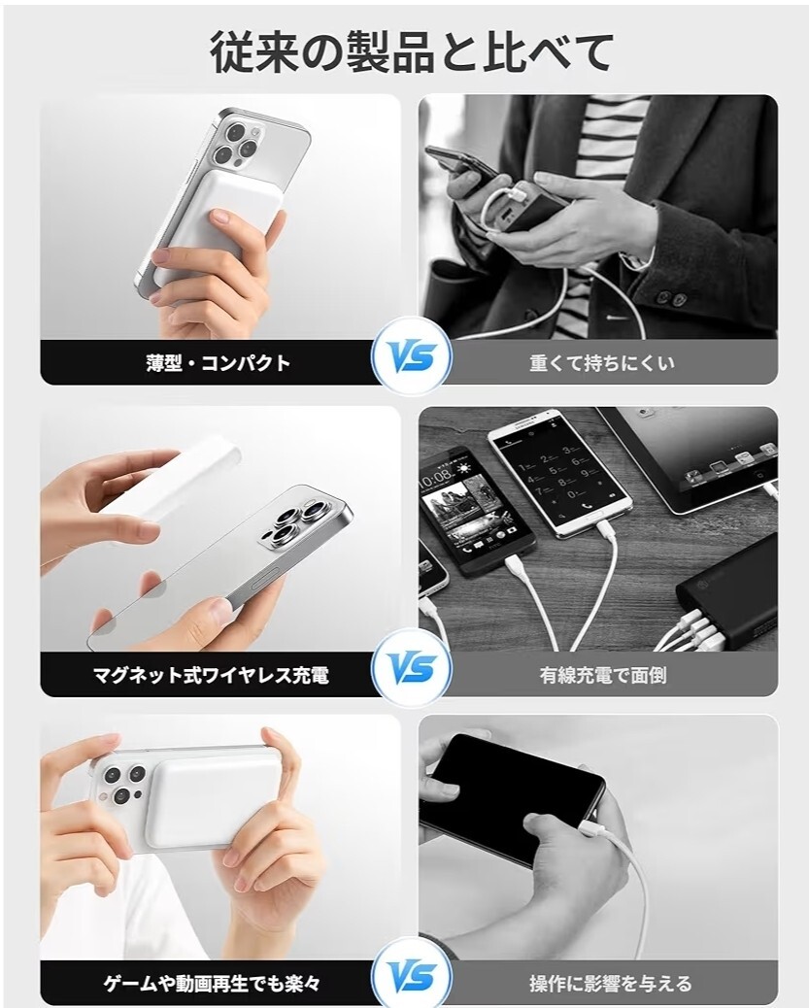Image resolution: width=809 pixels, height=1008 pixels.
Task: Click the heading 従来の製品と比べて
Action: (x=412, y=52)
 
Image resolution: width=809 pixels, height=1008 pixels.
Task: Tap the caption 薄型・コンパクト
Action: (x=218, y=363)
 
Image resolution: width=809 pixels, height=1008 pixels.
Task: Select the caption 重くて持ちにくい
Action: (x=602, y=363)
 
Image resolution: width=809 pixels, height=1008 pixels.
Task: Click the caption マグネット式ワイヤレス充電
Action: (x=211, y=675)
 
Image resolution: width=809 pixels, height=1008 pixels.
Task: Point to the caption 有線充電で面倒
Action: (x=602, y=675)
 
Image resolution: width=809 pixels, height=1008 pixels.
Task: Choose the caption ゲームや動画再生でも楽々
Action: (x=212, y=983)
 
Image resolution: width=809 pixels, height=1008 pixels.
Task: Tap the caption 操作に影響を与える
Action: (x=610, y=983)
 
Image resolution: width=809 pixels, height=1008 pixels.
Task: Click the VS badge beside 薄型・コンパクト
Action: (x=412, y=356)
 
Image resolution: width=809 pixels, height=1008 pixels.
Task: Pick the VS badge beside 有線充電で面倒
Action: (x=412, y=668)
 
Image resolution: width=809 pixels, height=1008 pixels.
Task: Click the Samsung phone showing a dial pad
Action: (x=558, y=472)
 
